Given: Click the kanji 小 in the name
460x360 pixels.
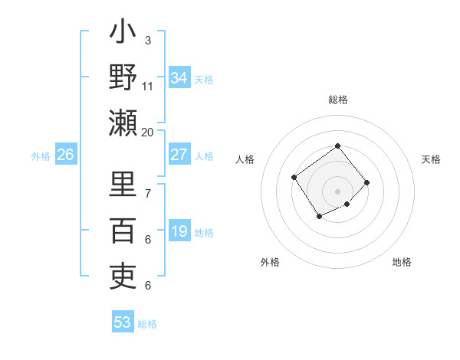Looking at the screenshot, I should pos(123,35).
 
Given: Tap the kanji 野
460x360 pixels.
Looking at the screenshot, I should pos(123,78).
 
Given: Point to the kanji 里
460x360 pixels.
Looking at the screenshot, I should pos(123,185).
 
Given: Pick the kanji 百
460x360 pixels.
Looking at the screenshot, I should pos(123,230).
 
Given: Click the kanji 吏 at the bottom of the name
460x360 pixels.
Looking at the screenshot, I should pos(123,274).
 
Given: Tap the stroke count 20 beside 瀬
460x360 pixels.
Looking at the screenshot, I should pos(147,132).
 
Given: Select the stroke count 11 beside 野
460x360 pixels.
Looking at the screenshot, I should pos(148,87).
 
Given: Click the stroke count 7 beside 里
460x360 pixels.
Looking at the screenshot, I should pos(147,193).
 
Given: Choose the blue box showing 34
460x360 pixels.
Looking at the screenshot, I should pos(179,78).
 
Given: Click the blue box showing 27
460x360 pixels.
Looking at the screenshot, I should pos(179,155).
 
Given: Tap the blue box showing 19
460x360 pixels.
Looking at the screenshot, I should pos(179,231).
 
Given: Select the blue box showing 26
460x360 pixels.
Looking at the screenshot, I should pos(65,155).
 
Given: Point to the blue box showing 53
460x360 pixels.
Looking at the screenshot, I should pos(123,322).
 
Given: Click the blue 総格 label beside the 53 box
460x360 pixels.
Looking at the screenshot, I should pos(147,324).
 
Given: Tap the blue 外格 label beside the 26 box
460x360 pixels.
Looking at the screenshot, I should pos(41,156).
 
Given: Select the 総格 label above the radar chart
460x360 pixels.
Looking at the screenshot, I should pos(337,100).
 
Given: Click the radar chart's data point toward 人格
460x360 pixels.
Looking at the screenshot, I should pos(294,178).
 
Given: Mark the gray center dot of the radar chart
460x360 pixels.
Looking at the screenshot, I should pos(337,191).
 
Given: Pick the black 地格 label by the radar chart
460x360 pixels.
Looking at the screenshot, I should pos(402,263).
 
